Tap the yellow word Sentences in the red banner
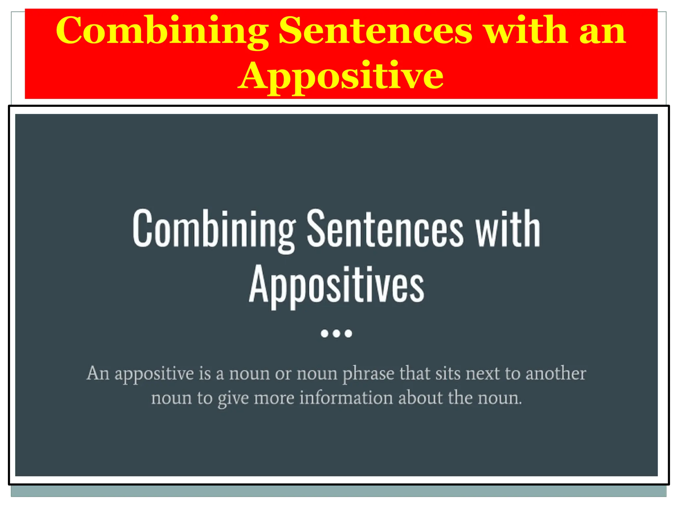click(x=375, y=30)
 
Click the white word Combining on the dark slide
click(x=214, y=229)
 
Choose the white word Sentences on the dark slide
click(x=385, y=229)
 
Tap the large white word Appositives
click(x=336, y=285)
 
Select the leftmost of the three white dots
click(x=324, y=333)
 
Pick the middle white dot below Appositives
click(x=336, y=333)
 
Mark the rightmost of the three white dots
click(x=348, y=333)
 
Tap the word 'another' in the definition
click(x=556, y=374)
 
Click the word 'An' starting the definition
click(x=98, y=374)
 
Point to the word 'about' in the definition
click(x=420, y=398)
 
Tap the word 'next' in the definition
click(x=482, y=374)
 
